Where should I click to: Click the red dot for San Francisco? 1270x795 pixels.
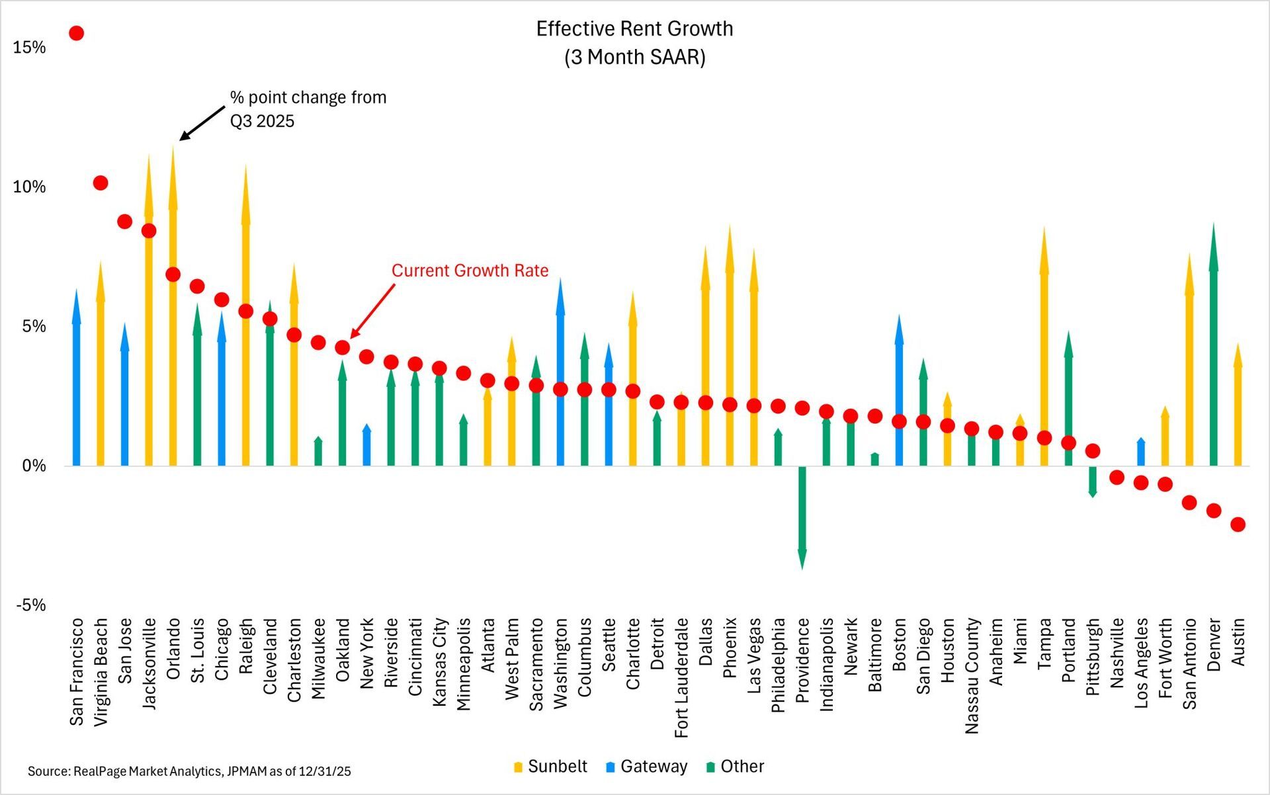76,33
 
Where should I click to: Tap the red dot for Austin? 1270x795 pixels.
1238,524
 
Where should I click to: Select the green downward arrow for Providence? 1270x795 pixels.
802,516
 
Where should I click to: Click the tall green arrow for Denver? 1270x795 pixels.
1213,344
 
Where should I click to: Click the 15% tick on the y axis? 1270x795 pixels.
29,47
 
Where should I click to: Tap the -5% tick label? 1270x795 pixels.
29,605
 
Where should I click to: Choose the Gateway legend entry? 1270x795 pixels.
646,767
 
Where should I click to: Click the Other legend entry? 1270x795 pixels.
736,767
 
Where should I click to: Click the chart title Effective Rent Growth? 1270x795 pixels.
634,29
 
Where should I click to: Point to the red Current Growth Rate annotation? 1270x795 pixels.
470,271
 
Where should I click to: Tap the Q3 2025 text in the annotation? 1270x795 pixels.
262,121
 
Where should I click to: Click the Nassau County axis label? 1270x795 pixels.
972,675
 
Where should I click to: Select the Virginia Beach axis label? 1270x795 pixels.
101,671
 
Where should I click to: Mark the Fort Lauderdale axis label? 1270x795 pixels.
681,677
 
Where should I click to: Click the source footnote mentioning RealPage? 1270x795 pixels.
189,771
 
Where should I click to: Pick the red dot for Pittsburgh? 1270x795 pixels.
1093,451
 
